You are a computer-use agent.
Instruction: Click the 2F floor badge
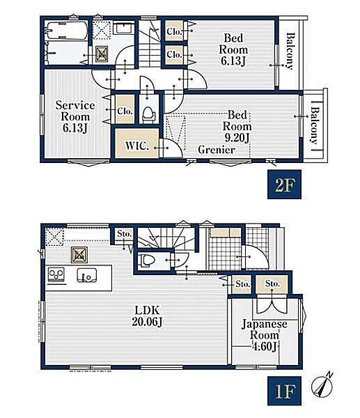284,184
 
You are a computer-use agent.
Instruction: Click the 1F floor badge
284,391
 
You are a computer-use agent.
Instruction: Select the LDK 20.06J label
147,316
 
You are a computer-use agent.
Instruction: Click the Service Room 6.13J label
75,116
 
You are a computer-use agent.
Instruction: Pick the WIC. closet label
137,146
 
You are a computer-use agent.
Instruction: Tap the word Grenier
217,150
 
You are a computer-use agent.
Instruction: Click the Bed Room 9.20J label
237,126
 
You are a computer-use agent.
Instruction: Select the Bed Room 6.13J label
233,49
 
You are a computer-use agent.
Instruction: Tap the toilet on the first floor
146,261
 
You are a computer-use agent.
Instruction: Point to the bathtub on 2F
67,30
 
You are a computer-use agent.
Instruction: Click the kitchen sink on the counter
86,275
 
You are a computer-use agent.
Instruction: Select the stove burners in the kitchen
56,274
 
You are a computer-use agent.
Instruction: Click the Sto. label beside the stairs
125,234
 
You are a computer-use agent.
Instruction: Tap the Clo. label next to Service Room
125,111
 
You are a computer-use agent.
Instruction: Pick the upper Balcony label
290,51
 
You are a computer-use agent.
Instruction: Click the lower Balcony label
315,125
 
